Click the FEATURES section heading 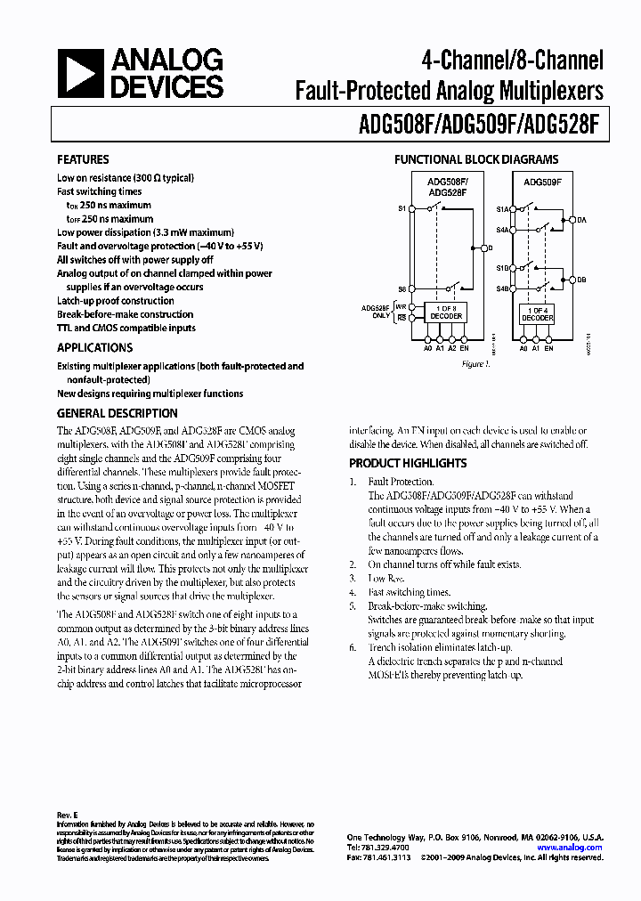point(83,159)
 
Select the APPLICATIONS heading point(94,348)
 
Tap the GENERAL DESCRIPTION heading point(117,413)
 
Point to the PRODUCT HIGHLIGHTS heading point(407,463)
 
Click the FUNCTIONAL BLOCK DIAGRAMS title point(476,160)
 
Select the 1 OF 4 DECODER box point(536,313)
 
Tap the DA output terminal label point(582,219)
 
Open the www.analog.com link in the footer point(569,848)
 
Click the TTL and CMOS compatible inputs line point(126,328)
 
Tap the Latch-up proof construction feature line point(116,301)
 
